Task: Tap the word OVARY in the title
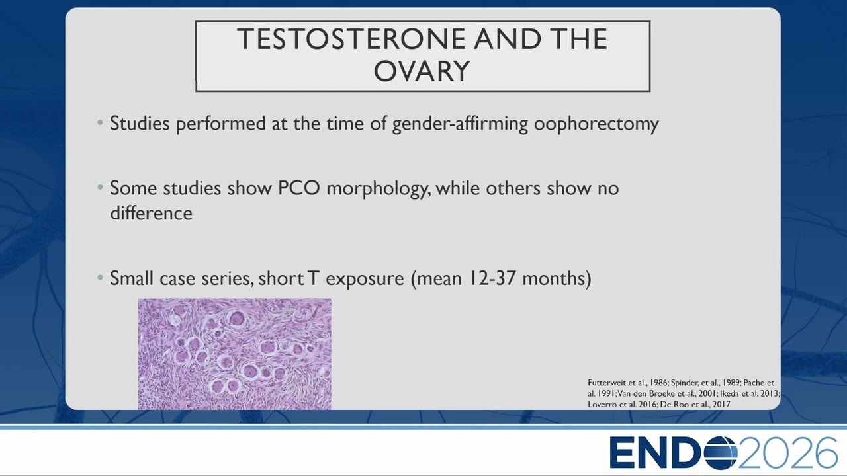422,71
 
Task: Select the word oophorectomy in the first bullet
596,124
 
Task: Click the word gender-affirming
460,124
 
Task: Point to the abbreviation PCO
298,188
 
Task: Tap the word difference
152,213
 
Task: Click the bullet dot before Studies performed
100,122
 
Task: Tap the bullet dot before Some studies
100,187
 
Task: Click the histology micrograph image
234,354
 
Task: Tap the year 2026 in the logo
787,452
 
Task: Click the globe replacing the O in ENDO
718,453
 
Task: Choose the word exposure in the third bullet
365,279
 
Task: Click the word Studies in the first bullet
140,123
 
